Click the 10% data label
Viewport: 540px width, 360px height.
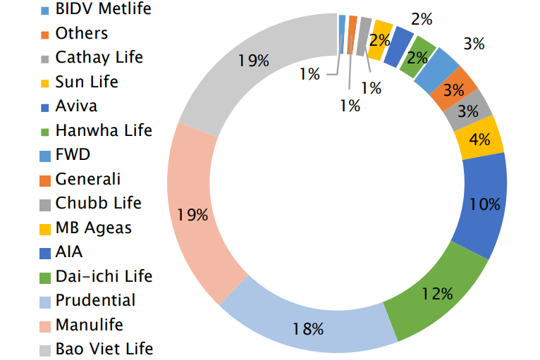[x=484, y=204]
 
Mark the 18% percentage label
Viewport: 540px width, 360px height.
[x=308, y=328]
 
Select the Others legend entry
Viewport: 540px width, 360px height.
[x=82, y=33]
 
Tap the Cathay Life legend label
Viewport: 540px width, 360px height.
[x=99, y=58]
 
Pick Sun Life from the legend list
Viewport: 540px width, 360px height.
[x=87, y=82]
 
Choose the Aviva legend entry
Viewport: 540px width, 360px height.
[x=76, y=106]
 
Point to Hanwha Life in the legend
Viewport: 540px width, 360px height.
[x=104, y=130]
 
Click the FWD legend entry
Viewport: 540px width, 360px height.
[x=73, y=155]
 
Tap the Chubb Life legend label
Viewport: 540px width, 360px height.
[x=98, y=203]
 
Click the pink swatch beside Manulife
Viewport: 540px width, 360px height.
[x=44, y=325]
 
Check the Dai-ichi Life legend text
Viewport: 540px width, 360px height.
[x=104, y=276]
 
